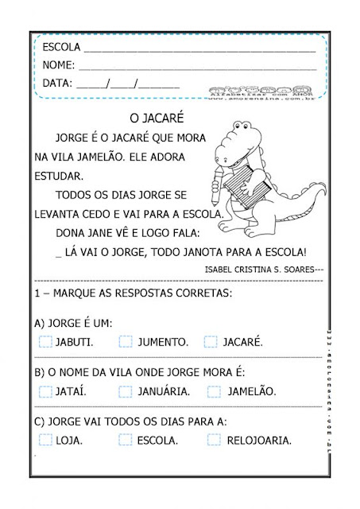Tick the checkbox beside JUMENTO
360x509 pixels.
(126, 342)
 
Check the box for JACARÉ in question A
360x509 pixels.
(211, 342)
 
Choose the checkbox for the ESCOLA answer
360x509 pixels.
(126, 439)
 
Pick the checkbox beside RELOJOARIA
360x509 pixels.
(214, 439)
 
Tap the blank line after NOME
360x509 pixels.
(199, 66)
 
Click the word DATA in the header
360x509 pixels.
(56, 83)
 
